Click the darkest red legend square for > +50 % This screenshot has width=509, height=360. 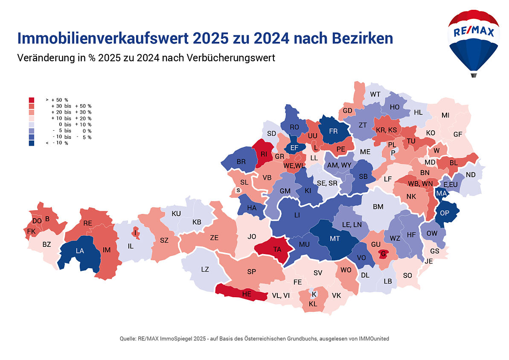pyautogui.click(x=32, y=100)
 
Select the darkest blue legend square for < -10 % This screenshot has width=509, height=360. pyautogui.click(x=32, y=143)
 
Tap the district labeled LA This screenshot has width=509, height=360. pyautogui.click(x=80, y=251)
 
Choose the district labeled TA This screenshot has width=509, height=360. pyautogui.click(x=277, y=249)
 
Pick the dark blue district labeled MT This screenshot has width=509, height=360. pyautogui.click(x=335, y=239)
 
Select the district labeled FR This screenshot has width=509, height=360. pyautogui.click(x=334, y=132)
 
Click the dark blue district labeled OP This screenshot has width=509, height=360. pyautogui.click(x=445, y=213)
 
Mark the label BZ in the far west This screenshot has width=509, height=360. pyautogui.click(x=47, y=245)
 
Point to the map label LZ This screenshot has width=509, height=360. pyautogui.click(x=205, y=269)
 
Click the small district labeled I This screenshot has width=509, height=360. pyautogui.click(x=136, y=233)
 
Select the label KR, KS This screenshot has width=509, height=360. pyautogui.click(x=387, y=130)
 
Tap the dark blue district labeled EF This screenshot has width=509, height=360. pyautogui.click(x=294, y=148)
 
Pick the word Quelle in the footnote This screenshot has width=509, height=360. pyautogui.click(x=128, y=339)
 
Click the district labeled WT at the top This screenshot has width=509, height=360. pyautogui.click(x=375, y=94)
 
